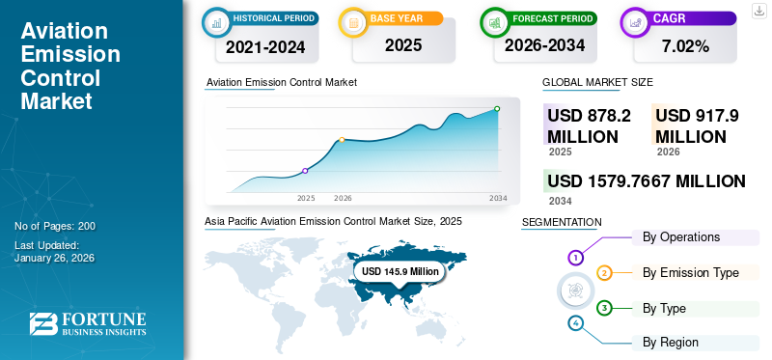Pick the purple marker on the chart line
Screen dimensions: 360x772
click(x=306, y=171)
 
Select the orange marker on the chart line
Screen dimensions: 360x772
click(x=342, y=140)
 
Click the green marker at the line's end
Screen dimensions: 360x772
click(x=497, y=109)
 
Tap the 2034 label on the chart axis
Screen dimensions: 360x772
click(x=498, y=198)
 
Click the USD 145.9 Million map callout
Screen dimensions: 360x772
click(x=399, y=272)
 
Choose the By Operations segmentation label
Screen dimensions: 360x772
click(x=681, y=236)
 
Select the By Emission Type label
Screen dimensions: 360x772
click(x=691, y=273)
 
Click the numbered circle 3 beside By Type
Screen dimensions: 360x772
click(x=604, y=309)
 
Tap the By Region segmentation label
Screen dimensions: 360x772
click(x=671, y=342)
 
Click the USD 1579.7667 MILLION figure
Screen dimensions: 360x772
click(x=646, y=180)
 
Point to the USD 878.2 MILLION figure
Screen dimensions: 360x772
click(x=589, y=125)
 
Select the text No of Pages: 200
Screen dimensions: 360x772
click(x=55, y=226)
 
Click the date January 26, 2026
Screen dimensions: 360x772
click(x=54, y=258)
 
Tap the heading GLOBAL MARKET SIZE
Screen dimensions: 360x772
click(x=597, y=83)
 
